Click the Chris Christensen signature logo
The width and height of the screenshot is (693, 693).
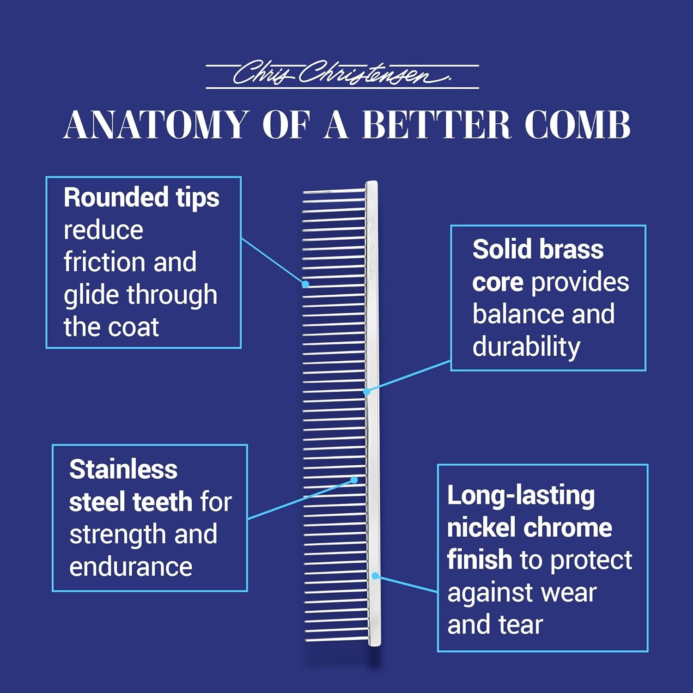pos(342,74)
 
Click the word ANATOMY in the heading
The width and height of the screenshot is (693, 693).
pos(156,125)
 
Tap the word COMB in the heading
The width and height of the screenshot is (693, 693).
pos(577,125)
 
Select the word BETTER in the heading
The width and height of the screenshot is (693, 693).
pos(436,125)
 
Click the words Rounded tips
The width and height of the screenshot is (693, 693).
pos(141,198)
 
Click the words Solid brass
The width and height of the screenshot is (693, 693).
pos(538,249)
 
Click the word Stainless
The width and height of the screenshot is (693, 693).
pos(123,469)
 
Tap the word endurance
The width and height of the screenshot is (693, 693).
pos(131,567)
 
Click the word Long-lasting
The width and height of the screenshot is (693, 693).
pos(521,496)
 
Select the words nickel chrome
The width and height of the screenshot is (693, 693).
pos(529,528)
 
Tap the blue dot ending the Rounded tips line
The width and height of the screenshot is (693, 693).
pos(305,284)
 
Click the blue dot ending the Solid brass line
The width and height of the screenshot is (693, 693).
pos(366,392)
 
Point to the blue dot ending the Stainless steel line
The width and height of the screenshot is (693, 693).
pos(354,480)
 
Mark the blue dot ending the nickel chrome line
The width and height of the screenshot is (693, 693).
pos(376,576)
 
